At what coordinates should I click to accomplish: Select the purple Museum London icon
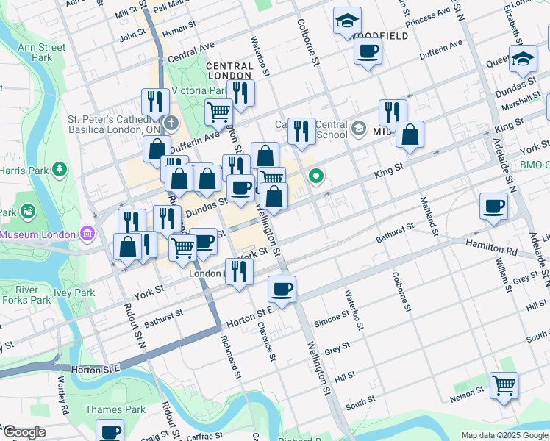tap(88, 234)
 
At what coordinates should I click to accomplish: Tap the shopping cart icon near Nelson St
tap(504, 384)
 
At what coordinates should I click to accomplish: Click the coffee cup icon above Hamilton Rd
tap(493, 205)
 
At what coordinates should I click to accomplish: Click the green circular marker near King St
tap(317, 176)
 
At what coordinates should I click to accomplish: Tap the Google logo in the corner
tap(24, 432)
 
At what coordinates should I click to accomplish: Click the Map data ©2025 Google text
tap(504, 435)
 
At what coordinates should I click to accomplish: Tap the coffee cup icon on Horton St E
tap(282, 288)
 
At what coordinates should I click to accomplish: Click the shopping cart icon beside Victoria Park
tap(218, 112)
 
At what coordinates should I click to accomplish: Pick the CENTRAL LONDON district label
tap(229, 71)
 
